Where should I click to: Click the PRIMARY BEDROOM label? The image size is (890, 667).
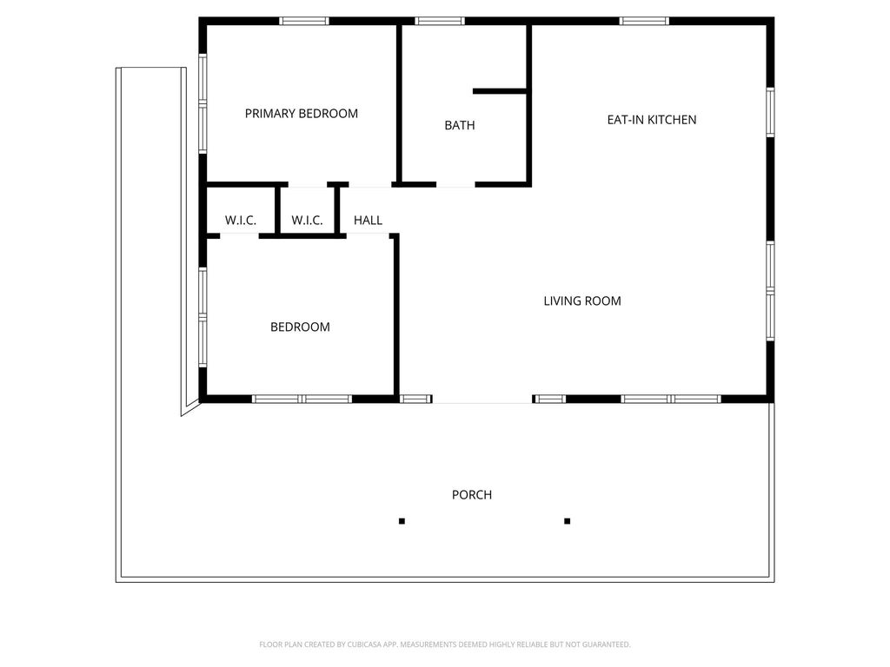point(302,114)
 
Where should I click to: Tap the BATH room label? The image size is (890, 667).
point(460,125)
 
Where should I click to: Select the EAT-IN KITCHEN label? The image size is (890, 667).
point(652,120)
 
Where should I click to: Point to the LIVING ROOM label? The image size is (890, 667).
point(582,301)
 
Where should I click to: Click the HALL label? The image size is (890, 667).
point(368,220)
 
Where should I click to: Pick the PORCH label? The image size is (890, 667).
point(472,494)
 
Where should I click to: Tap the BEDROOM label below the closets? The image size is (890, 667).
point(300,327)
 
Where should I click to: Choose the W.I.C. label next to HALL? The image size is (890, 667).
point(307,220)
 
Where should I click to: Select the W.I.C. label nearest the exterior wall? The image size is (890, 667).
point(241,220)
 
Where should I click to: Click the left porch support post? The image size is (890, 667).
point(402,521)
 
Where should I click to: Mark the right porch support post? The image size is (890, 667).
point(567,521)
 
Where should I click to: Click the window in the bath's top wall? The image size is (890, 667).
point(440,22)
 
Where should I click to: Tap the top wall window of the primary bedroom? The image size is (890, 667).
point(303,22)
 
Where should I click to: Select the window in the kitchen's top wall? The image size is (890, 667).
point(644,22)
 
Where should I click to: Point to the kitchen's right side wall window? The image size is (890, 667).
point(770,112)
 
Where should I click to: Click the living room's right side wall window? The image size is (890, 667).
point(770,292)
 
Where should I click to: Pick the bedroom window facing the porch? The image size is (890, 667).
point(302,400)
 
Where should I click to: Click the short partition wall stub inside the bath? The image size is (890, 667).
point(500,90)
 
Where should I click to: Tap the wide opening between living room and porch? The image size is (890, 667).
point(482,403)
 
